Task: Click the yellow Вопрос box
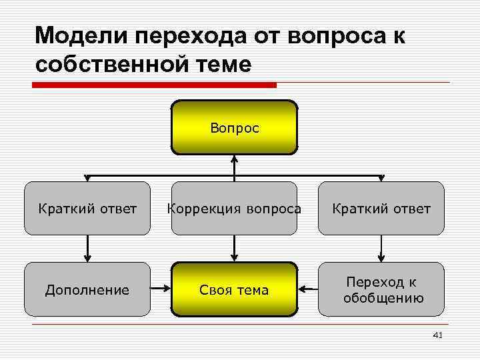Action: pos(234,127)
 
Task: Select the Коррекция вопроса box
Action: pos(234,209)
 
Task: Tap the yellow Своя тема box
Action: pos(234,289)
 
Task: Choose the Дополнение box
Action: pos(87,289)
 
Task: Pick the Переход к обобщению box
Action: pos(381,289)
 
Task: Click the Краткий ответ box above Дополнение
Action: pos(87,209)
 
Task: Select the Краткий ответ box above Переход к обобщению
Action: pos(381,209)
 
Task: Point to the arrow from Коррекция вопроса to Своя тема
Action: pos(234,248)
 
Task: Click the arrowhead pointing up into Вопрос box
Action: pos(234,159)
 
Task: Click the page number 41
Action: pos(437,335)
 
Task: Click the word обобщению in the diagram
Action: pos(383,298)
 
